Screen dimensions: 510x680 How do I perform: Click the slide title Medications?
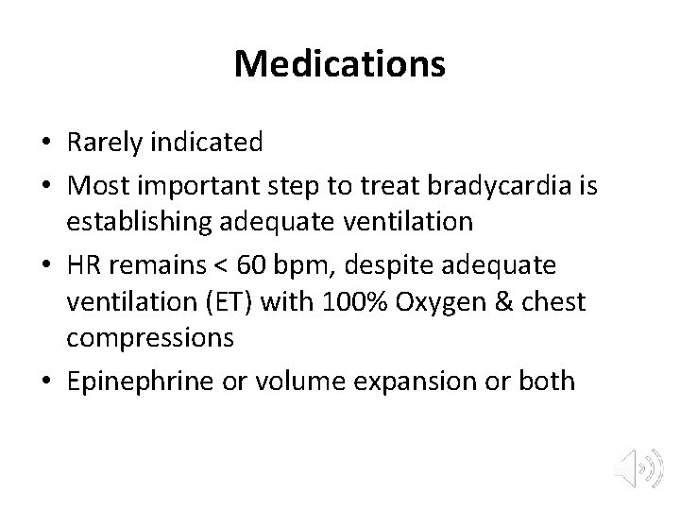(340, 64)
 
